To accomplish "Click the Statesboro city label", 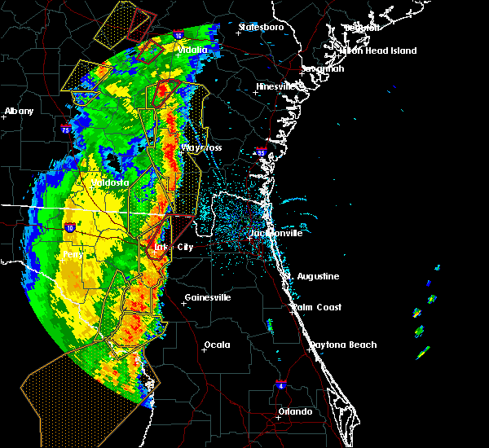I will click(261, 27).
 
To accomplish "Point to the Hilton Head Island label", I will click(378, 51).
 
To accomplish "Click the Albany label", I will click(20, 111).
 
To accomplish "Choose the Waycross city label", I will click(201, 147).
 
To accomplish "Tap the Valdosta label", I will click(109, 182).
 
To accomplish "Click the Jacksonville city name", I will click(275, 233).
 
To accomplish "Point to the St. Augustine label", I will click(311, 276).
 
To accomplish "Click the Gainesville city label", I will click(208, 297).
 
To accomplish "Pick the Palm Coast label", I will click(317, 307).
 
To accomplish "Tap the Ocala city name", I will click(217, 345).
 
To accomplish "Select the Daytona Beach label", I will click(342, 345).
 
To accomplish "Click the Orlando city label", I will click(294, 411).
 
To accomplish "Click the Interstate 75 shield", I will click(64, 128).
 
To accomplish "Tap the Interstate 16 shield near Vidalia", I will click(178, 35).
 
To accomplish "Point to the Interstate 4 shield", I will click(281, 384).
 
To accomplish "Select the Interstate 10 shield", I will click(69, 227).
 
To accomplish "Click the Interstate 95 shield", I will click(261, 152).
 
